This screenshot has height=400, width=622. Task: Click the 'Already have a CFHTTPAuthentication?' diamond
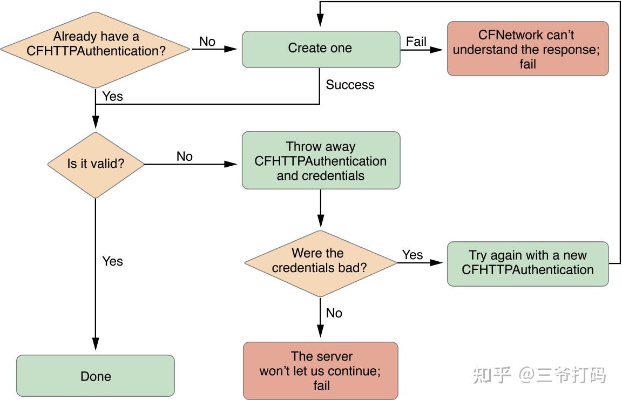coord(96,49)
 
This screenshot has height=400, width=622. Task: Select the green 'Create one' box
coord(320,49)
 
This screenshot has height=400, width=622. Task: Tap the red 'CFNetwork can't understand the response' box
coord(528,49)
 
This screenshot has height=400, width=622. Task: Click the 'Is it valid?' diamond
coord(96,164)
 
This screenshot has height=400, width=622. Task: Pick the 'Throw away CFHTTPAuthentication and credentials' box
coord(321,161)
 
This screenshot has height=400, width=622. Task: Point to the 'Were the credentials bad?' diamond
coord(321,261)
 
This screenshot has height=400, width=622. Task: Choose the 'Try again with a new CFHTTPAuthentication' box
coord(528,263)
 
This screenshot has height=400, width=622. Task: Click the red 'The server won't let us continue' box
coord(321,371)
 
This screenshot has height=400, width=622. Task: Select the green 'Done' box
coord(96,376)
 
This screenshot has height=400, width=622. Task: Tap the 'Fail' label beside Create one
coord(416,41)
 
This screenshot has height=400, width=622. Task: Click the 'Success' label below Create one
coord(350,85)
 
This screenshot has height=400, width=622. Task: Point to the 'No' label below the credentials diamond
coord(334,313)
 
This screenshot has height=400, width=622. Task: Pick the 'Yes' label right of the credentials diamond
coord(413,255)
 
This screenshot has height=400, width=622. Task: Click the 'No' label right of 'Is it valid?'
coord(185,157)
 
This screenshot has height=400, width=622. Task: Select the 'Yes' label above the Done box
coord(113,261)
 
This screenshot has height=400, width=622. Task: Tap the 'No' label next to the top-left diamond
coord(207,42)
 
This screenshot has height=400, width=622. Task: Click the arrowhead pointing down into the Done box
coord(96,345)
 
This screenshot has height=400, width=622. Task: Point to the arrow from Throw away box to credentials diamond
coord(321,208)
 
